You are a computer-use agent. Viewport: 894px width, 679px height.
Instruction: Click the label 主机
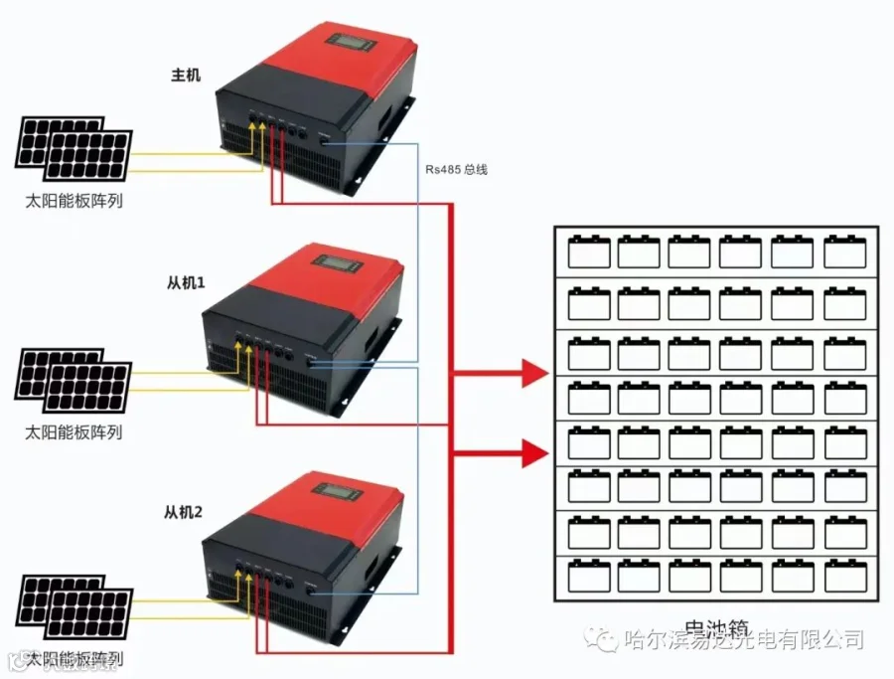[186, 75]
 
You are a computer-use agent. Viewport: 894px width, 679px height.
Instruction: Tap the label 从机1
[185, 283]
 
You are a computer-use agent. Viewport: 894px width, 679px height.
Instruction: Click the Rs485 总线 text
[456, 170]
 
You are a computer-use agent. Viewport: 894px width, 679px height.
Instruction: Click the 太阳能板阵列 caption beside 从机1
[74, 432]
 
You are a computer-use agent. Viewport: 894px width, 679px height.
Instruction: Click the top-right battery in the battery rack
[844, 252]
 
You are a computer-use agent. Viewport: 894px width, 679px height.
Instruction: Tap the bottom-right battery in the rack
[844, 576]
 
